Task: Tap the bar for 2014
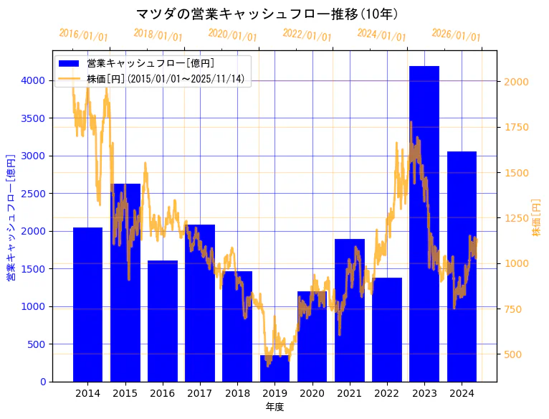point(87,304)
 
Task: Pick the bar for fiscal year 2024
point(462,266)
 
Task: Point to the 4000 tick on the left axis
point(34,80)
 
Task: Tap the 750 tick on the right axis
point(513,309)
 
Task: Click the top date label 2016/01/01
point(83,35)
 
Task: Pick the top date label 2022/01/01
point(307,35)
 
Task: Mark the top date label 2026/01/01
point(456,35)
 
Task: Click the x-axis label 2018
point(237,393)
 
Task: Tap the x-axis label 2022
point(386,393)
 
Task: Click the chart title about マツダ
point(267,14)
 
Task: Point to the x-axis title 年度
point(274,407)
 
